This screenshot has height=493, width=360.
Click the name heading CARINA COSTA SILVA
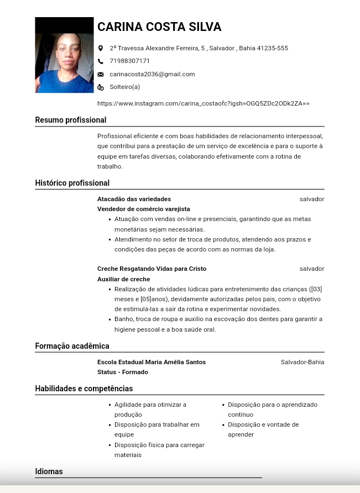pyautogui.click(x=159, y=27)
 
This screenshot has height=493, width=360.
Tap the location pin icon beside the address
pyautogui.click(x=101, y=49)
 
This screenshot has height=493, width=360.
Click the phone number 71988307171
pyautogui.click(x=129, y=61)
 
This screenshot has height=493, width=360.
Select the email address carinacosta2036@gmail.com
pyautogui.click(x=152, y=74)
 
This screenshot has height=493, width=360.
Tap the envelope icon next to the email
pyautogui.click(x=101, y=74)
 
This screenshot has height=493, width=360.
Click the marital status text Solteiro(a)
pyautogui.click(x=125, y=87)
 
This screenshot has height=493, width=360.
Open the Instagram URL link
pyautogui.click(x=203, y=103)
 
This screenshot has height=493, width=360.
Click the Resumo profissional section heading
pyautogui.click(x=71, y=120)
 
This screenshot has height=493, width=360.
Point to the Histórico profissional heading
pyautogui.click(x=72, y=183)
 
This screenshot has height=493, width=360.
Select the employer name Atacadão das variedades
pyautogui.click(x=134, y=199)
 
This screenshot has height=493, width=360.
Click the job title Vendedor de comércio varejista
pyautogui.click(x=144, y=209)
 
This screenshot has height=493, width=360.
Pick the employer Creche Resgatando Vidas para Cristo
pyautogui.click(x=152, y=269)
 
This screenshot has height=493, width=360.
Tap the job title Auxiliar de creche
pyautogui.click(x=124, y=279)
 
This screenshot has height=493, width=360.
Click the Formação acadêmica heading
pyautogui.click(x=72, y=346)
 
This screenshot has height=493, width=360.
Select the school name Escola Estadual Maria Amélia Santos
pyautogui.click(x=152, y=362)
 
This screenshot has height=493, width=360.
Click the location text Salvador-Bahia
pyautogui.click(x=302, y=362)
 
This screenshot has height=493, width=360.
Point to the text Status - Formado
pyautogui.click(x=123, y=372)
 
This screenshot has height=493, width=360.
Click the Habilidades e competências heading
pyautogui.click(x=84, y=389)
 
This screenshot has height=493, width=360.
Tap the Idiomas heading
pyautogui.click(x=49, y=471)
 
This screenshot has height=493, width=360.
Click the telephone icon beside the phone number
pyautogui.click(x=101, y=61)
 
